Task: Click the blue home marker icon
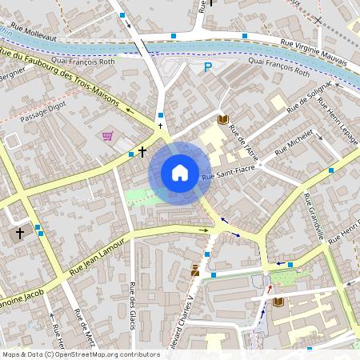pos(180,172)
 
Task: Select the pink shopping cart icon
pos(108,136)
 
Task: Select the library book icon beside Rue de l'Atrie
pos(222,120)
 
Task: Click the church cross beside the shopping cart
pos(142,151)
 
